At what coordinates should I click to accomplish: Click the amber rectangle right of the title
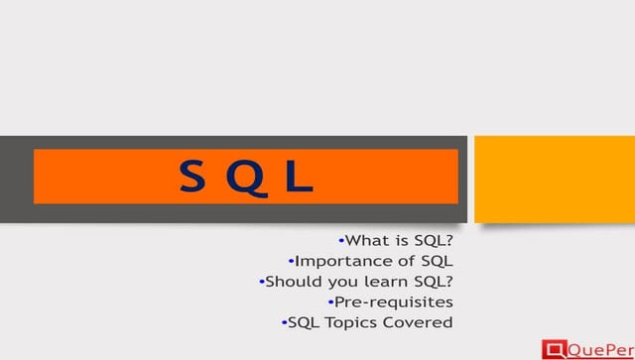click(554, 179)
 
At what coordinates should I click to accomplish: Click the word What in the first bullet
click(365, 240)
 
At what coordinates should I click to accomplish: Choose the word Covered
click(416, 322)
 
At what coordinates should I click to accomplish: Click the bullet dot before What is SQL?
click(340, 240)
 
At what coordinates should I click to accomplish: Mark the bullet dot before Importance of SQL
click(291, 261)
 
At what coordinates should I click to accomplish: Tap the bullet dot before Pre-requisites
click(329, 301)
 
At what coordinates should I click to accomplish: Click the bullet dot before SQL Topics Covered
click(284, 322)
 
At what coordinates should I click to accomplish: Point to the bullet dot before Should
click(261, 281)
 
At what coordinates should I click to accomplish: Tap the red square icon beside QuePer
click(554, 348)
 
